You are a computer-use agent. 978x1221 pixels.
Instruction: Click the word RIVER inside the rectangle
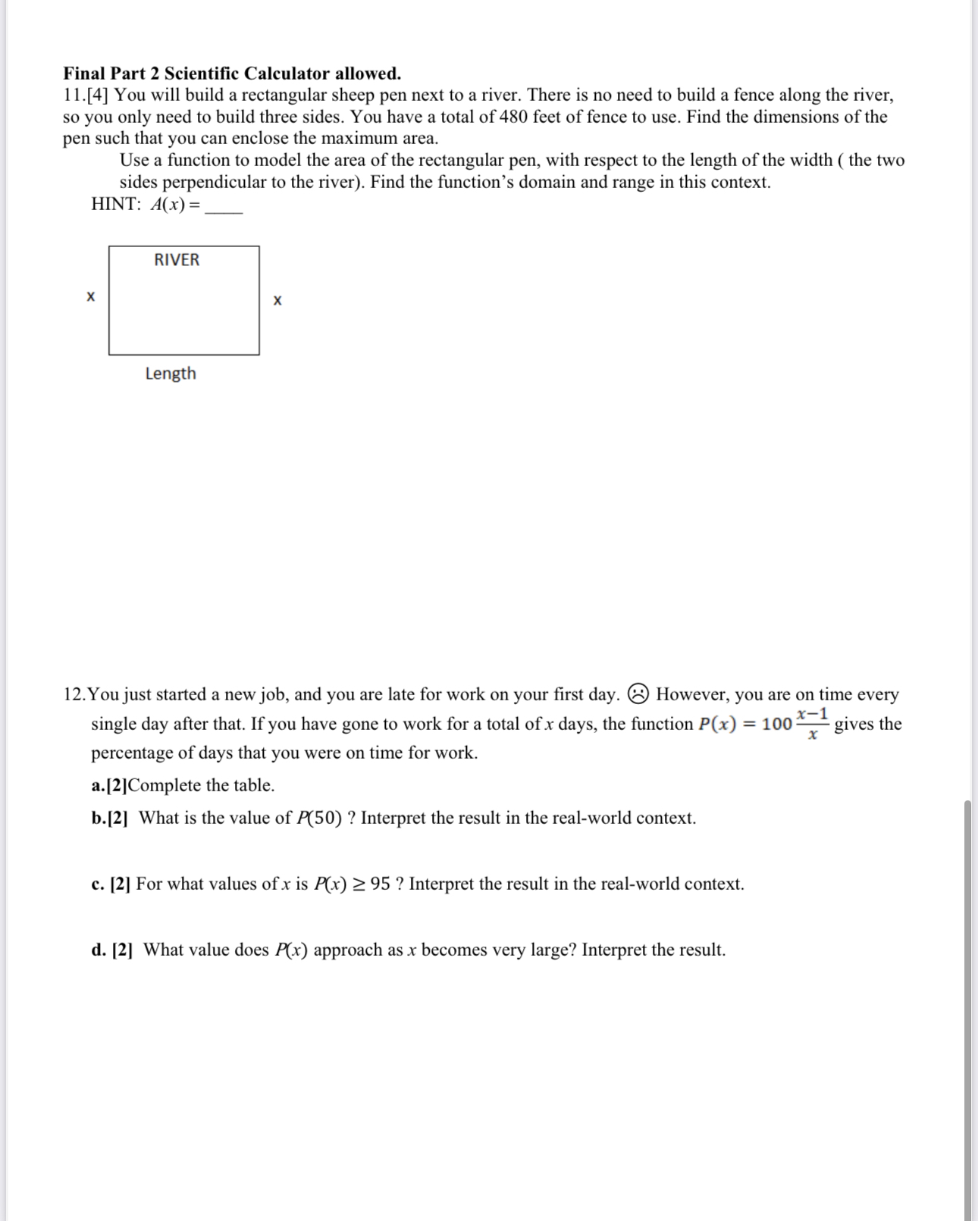177,260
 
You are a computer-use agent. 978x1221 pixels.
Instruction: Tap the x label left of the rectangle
91,296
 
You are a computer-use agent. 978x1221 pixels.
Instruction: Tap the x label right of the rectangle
277,301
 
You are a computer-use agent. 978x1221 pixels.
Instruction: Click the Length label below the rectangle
171,374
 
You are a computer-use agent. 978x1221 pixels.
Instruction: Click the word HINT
116,204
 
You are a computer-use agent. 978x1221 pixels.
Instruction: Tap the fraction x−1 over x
813,724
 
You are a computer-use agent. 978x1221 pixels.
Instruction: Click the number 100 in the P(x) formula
777,724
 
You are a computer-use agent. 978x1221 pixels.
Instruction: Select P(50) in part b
319,818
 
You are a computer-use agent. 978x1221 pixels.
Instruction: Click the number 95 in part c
381,884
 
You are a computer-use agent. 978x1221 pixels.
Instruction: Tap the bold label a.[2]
109,785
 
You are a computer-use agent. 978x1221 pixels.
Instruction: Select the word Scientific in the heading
202,74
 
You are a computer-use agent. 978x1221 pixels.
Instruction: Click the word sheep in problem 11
353,95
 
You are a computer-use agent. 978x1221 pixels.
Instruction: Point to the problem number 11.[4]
86,95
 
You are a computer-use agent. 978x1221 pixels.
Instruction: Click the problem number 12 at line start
74,694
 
